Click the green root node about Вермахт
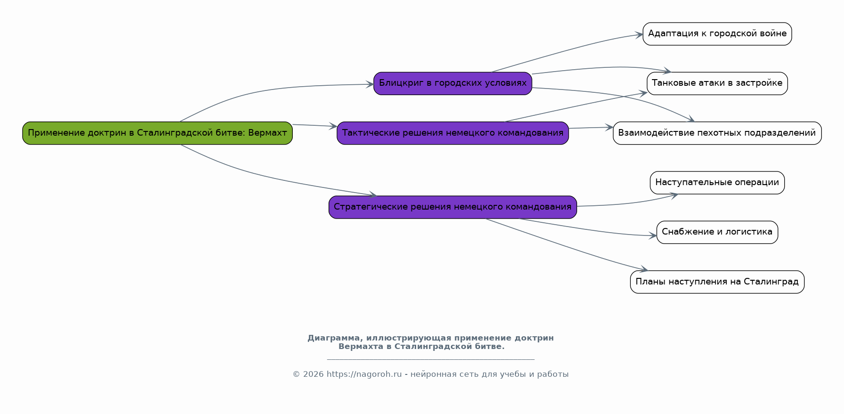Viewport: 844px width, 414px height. coord(157,133)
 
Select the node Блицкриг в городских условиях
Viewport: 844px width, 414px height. coord(453,83)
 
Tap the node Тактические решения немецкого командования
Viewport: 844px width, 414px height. coord(453,133)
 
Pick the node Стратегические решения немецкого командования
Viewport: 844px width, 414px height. coord(453,207)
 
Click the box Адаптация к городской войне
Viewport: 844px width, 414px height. coord(717,34)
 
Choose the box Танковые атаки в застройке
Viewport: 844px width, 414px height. coord(717,83)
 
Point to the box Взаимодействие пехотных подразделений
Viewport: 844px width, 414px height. coord(717,133)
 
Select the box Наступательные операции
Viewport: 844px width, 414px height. coord(717,183)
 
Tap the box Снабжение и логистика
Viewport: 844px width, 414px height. coord(717,232)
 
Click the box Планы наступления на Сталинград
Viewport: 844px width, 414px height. coord(717,282)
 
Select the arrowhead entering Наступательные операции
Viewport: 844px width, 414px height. coord(674,195)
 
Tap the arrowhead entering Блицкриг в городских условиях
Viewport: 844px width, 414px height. coord(370,85)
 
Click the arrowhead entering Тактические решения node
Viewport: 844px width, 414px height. coord(333,126)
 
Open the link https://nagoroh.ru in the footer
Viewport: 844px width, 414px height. coord(364,374)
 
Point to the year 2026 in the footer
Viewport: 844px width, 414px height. coord(313,374)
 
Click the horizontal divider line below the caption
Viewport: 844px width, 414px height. coord(431,359)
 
